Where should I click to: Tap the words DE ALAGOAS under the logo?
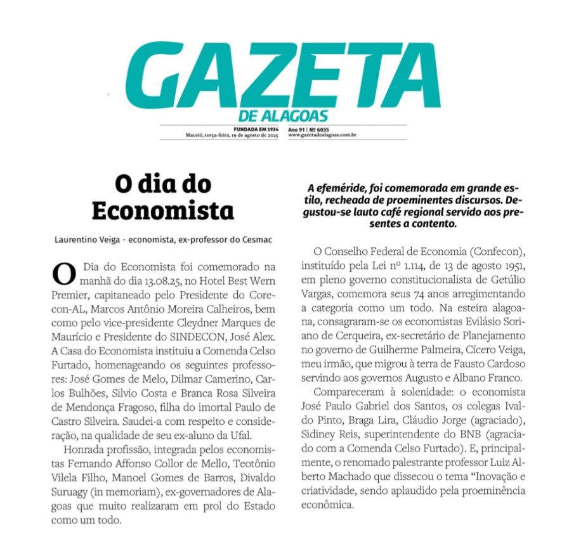pyautogui.click(x=284, y=115)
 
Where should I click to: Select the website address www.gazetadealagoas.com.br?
pyautogui.click(x=323, y=136)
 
